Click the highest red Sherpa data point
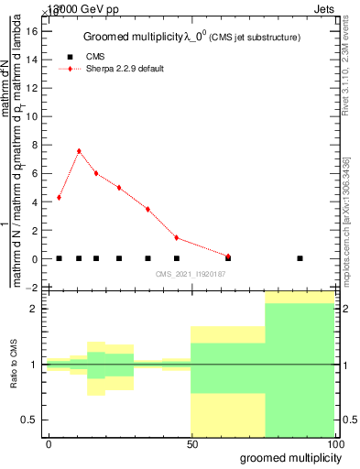coord(79,151)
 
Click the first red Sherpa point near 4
coord(59,197)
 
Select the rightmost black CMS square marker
coord(300,258)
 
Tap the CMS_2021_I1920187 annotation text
coord(191,274)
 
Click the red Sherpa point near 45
coord(176,238)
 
